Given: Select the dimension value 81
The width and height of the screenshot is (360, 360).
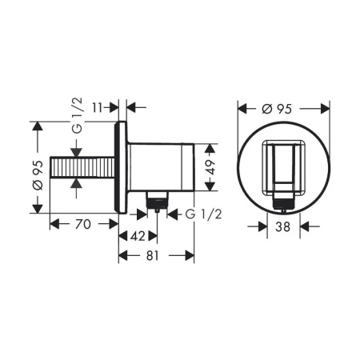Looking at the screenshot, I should pyautogui.click(x=156, y=256).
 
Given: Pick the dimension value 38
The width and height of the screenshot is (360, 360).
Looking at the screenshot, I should pyautogui.click(x=282, y=226).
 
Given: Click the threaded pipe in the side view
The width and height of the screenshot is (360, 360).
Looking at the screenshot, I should pyautogui.click(x=84, y=166).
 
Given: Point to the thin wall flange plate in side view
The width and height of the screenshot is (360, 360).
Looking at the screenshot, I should pyautogui.click(x=122, y=166).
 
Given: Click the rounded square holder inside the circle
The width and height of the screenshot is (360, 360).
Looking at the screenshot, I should pyautogui.click(x=282, y=164).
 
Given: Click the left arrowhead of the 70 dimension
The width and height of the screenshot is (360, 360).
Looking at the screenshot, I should pyautogui.click(x=53, y=225).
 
